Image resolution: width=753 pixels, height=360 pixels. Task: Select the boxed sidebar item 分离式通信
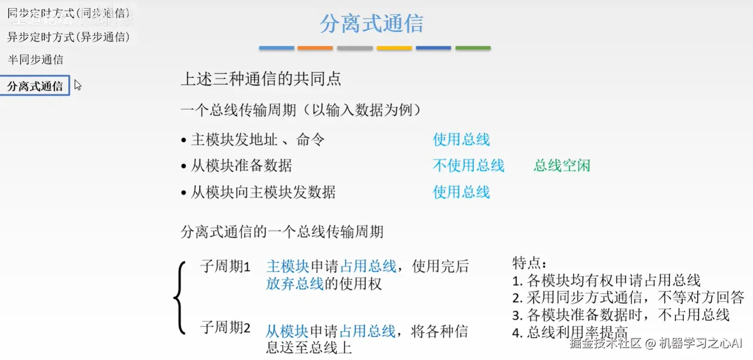point(35,86)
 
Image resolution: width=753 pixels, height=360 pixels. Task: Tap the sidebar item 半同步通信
point(35,60)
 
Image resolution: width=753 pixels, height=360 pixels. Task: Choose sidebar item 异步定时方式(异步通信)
point(68,37)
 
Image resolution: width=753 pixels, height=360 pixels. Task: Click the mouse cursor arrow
point(78,85)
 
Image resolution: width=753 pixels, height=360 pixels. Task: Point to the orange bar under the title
point(315,48)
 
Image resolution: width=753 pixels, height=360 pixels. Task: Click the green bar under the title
point(473,48)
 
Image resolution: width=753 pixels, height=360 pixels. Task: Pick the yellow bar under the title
point(394,48)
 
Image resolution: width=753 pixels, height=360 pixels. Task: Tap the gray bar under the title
point(355,48)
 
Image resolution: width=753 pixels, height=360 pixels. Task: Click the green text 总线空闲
point(562,166)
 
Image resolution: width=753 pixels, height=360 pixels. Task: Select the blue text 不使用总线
point(468,166)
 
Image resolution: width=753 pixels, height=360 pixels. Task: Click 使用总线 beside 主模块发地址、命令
point(461,140)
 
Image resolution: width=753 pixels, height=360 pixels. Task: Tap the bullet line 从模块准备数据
point(241,166)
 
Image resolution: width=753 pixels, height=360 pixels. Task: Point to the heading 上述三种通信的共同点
point(261,79)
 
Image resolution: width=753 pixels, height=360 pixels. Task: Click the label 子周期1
point(225,266)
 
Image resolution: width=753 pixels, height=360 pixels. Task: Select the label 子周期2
point(225,328)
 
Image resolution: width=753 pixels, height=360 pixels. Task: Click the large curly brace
point(179,297)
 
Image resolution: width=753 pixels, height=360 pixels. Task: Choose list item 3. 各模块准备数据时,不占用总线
point(621,315)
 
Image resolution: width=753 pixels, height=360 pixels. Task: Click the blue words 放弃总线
point(295,284)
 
